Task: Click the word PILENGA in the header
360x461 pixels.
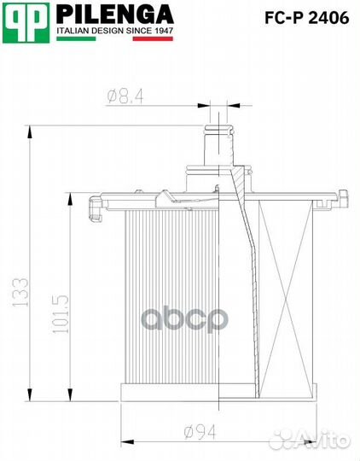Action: (114, 15)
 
